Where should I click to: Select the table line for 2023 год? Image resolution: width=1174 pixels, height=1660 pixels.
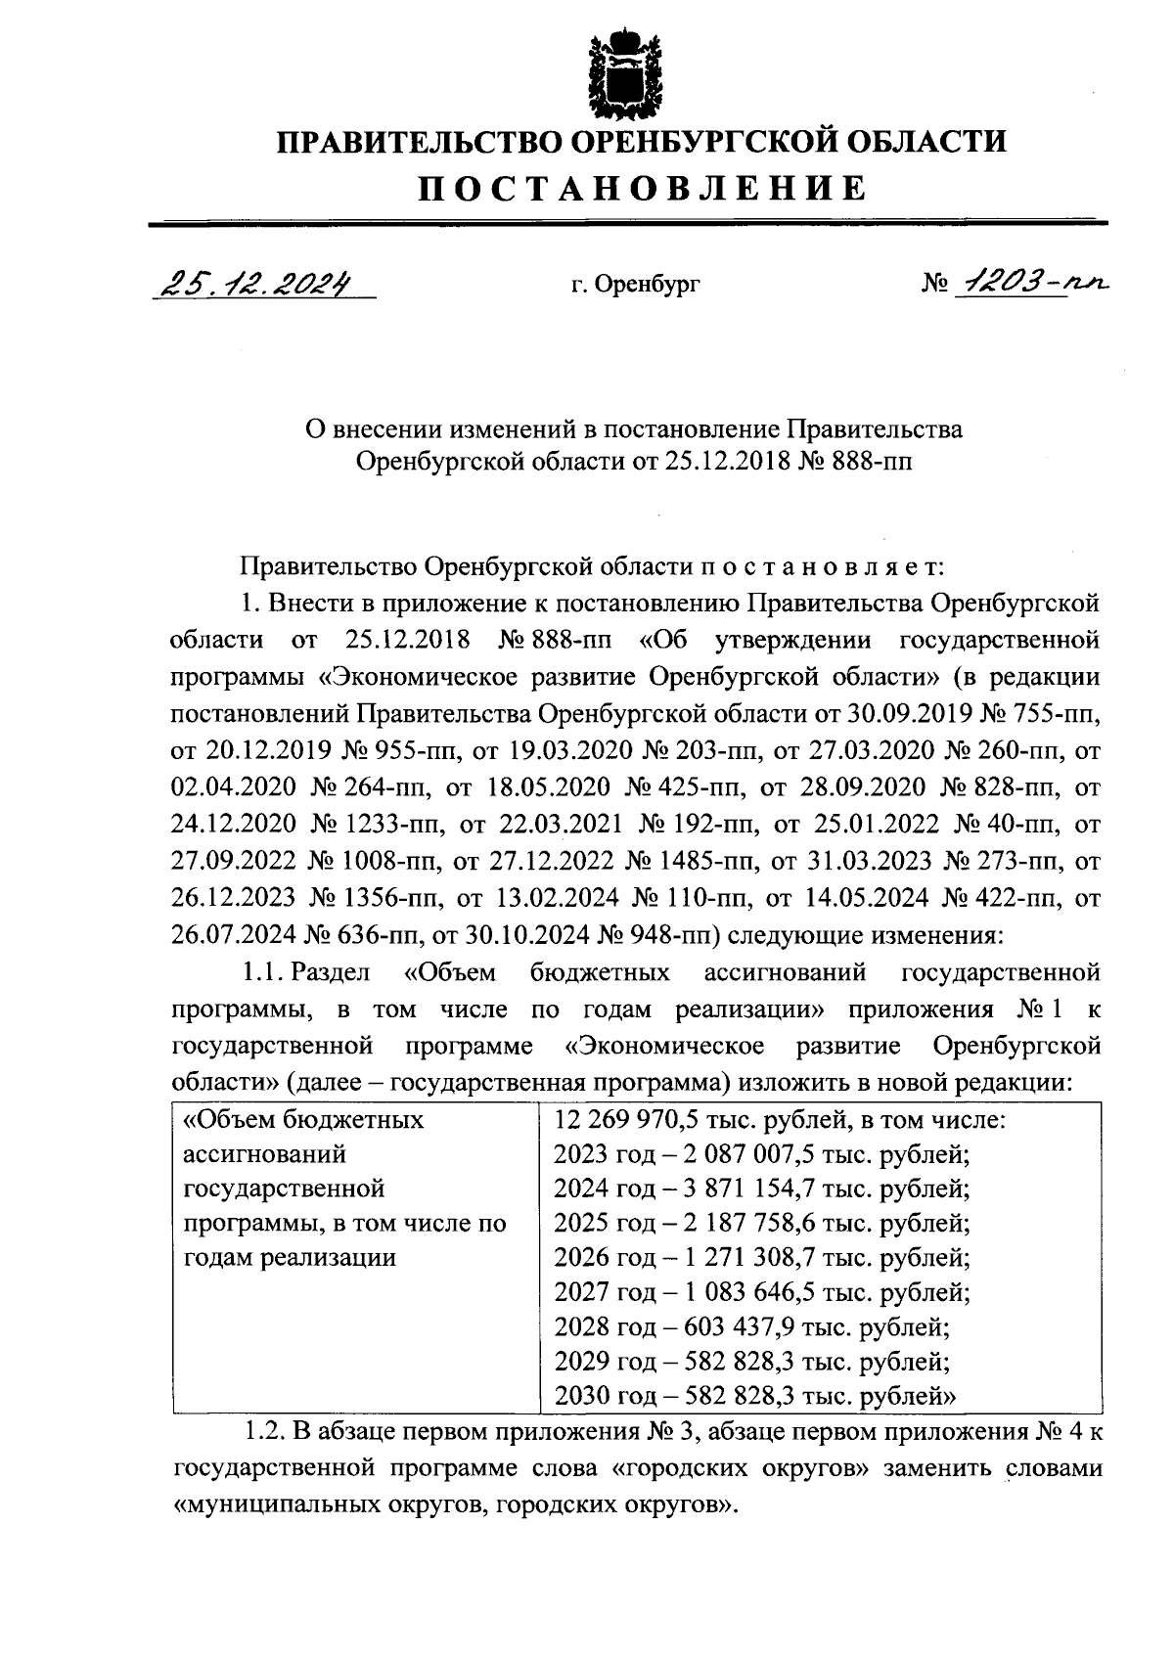pos(761,1154)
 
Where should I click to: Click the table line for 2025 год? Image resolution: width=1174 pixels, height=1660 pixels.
pos(761,1223)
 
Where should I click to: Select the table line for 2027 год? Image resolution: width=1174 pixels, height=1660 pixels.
pos(761,1292)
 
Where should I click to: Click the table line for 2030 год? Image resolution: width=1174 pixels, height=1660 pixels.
pos(753,1396)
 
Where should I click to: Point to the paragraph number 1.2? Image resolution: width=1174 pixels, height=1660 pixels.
pos(263,1433)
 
